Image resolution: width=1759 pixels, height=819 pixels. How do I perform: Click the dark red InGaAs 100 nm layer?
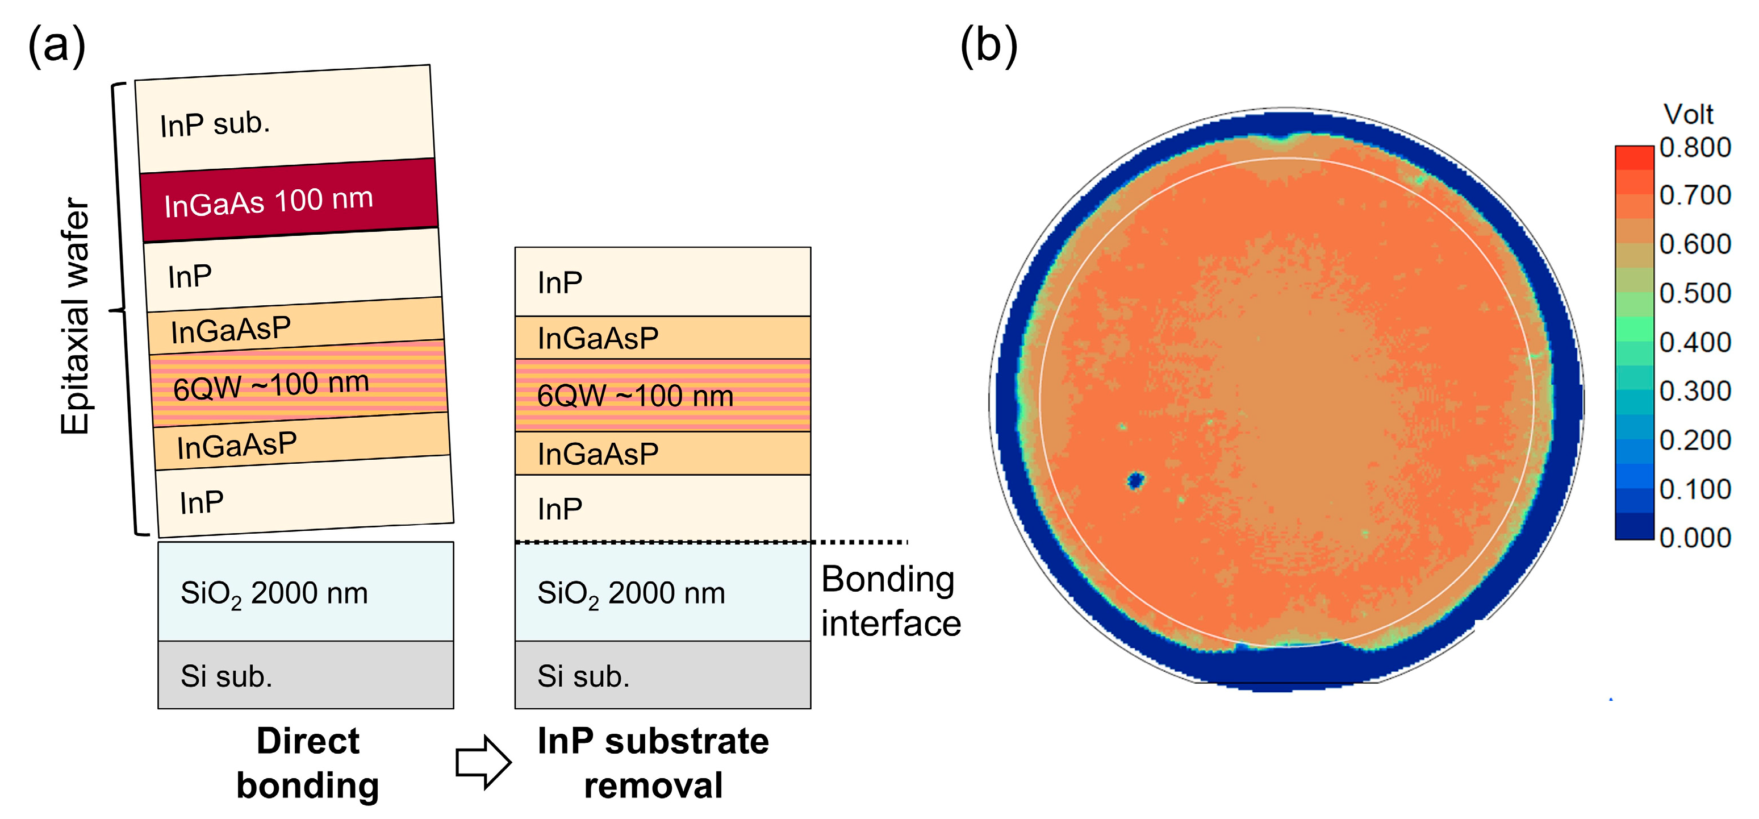290,200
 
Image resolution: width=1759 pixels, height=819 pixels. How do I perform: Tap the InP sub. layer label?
215,124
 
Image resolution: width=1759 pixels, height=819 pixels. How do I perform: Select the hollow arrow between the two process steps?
483,762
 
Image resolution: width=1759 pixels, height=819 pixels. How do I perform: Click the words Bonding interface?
890,601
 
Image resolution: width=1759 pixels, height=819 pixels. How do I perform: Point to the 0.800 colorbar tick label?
1695,148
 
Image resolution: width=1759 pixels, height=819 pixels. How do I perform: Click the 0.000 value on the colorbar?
1695,538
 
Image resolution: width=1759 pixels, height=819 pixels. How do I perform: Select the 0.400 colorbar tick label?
1695,342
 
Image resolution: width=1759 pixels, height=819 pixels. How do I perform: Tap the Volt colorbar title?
1688,114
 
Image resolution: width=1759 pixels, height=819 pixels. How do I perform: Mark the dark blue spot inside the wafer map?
1135,481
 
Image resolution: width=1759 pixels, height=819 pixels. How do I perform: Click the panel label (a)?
57,45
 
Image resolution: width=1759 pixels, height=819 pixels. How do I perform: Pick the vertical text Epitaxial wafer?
75,316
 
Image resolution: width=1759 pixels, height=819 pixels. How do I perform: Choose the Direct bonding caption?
307,763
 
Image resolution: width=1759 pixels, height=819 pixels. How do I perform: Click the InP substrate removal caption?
653,763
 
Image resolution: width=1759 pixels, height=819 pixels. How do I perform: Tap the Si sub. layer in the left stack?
305,675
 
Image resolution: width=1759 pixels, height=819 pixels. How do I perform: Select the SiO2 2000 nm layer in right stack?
662,592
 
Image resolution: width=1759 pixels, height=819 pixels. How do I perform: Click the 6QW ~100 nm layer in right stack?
662,396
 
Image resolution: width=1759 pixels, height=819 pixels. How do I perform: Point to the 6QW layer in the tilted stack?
298,385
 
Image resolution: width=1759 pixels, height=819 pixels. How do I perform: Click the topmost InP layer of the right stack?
662,282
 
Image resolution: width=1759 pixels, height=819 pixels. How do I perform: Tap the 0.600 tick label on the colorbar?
1695,244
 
